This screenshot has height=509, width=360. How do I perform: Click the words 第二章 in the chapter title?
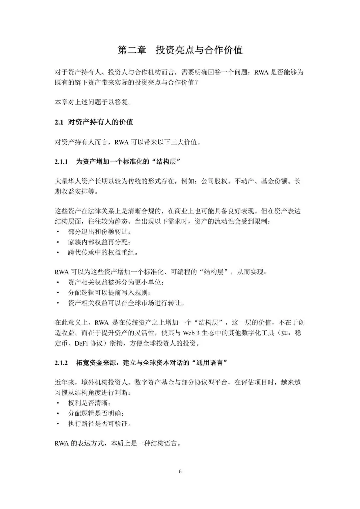pos(132,50)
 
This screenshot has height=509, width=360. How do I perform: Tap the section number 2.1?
pos(59,122)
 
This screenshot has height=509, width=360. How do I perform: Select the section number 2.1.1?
pos(61,162)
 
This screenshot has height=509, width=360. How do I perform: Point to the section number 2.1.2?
pos(61,363)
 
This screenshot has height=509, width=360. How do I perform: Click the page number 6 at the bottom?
pos(180,471)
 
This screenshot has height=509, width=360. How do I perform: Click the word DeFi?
pos(81,343)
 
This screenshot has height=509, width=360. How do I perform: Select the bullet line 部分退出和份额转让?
pos(99,232)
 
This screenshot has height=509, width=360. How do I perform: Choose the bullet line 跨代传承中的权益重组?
pos(103,252)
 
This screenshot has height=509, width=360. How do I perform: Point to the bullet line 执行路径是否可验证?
pos(99,424)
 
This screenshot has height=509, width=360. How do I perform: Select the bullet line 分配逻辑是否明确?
pos(96,413)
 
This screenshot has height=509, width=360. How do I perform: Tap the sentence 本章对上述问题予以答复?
pos(93,102)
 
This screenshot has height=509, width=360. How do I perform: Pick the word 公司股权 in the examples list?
pos(214,181)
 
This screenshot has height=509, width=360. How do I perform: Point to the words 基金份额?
pos(274,181)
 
